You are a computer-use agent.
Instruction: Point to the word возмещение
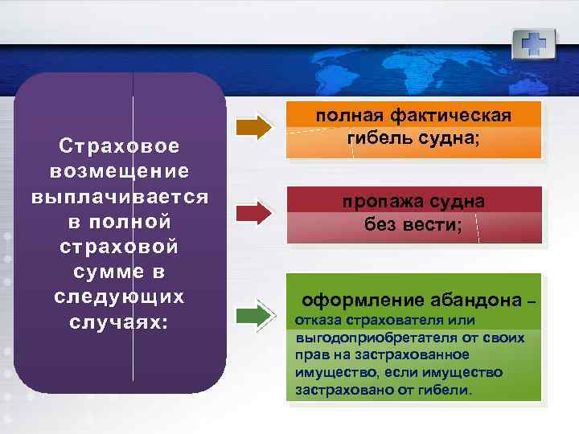pos(119,171)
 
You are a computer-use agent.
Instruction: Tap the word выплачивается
pos(119,196)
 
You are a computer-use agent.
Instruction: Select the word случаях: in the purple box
pos(119,321)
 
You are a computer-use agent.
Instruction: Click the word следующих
pos(119,296)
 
